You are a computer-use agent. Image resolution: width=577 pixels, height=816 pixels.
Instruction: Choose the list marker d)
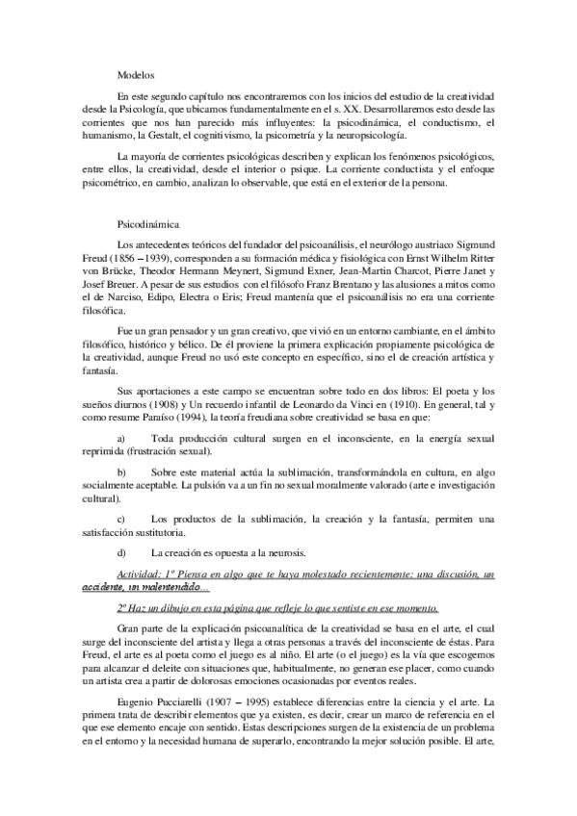[120, 553]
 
